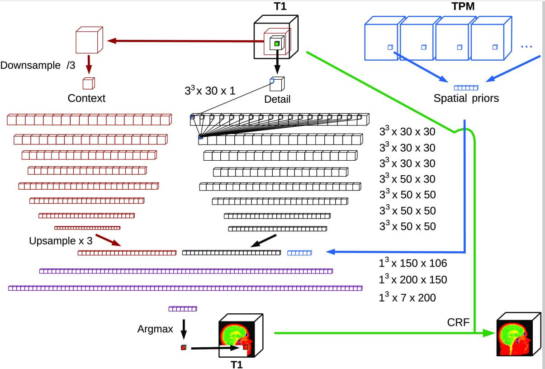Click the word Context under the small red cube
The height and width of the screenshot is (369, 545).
86,98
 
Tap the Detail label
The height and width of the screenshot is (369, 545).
277,99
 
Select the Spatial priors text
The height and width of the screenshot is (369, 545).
466,98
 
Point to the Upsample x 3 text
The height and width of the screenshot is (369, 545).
61,241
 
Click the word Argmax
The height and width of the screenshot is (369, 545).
155,329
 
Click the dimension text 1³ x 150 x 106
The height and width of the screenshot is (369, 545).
412,263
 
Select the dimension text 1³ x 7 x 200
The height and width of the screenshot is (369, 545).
407,297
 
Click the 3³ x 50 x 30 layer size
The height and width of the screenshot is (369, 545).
407,179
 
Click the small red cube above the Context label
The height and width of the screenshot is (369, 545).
89,83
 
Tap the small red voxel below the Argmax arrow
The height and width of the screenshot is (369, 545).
183,348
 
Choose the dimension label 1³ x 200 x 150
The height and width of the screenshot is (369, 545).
412,280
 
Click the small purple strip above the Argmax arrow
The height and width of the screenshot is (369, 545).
183,309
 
